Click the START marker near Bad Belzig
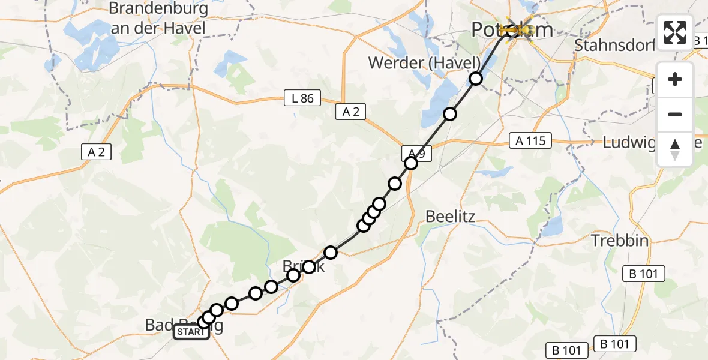(191, 332)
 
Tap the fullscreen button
(675, 32)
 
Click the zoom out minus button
(675, 114)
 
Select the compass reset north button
(675, 149)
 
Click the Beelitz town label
(450, 217)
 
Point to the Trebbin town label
(620, 241)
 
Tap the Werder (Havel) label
(424, 62)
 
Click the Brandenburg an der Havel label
(158, 18)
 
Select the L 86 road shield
(302, 98)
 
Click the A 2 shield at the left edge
(96, 152)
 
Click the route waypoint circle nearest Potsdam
(476, 79)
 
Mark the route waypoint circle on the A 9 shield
(411, 163)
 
